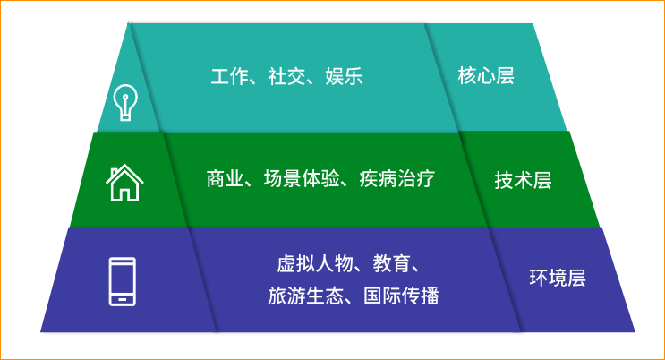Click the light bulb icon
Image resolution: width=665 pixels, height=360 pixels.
pos(124,101)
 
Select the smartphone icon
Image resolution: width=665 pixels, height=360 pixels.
pos(122,281)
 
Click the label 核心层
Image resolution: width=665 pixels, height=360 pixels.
pos(486,75)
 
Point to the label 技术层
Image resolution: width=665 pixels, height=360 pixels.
pos(523,180)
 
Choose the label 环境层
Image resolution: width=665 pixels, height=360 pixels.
pos(557,278)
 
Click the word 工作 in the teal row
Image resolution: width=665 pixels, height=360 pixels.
pos(228,76)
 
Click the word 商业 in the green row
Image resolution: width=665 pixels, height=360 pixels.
pos(223,178)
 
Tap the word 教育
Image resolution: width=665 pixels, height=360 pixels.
pos(391,264)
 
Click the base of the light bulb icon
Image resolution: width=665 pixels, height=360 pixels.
pos(124,114)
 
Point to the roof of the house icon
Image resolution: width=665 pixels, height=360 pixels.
pos(124,170)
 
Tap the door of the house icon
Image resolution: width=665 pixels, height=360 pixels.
pos(124,192)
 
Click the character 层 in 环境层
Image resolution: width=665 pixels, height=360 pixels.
pos(575,278)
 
